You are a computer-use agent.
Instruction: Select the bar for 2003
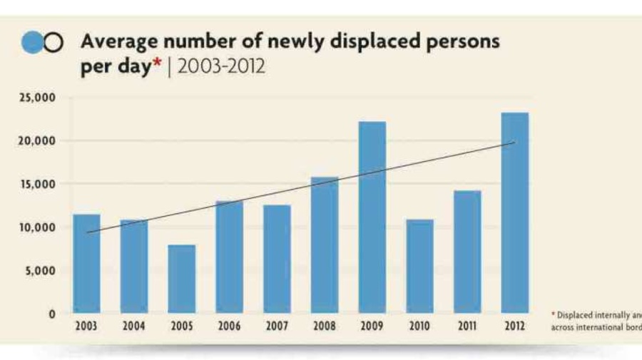(x=86, y=264)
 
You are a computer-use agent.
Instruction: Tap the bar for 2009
(x=372, y=217)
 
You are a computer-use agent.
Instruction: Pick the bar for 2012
(x=514, y=213)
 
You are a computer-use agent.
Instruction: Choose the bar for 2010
(x=419, y=267)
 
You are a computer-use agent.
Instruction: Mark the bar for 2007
(x=277, y=259)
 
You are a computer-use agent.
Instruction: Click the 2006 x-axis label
(x=229, y=327)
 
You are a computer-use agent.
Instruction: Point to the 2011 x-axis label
(x=467, y=327)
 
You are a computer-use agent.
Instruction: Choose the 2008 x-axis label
(x=324, y=327)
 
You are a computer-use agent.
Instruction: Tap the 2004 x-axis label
(x=133, y=327)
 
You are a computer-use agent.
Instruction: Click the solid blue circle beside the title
(x=33, y=43)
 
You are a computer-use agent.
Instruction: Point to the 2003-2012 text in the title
(x=221, y=66)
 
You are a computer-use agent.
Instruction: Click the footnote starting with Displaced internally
(x=596, y=321)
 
